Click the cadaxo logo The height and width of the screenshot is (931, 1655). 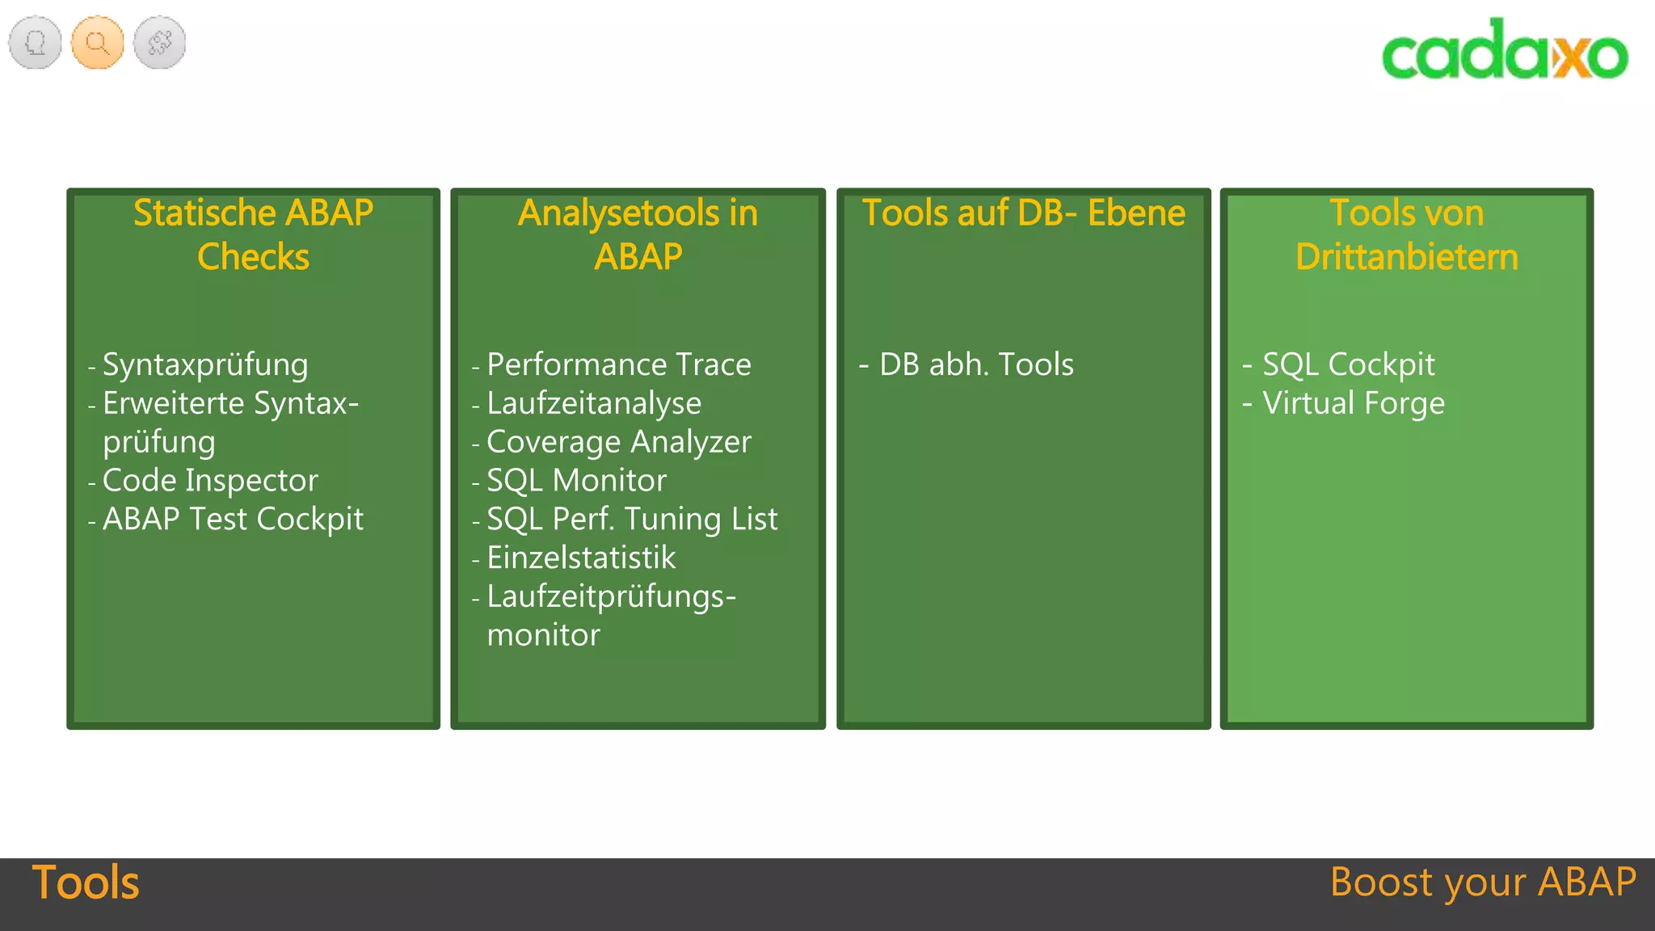point(1505,50)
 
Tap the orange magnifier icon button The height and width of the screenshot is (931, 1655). point(98,42)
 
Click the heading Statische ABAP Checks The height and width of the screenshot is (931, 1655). point(253,234)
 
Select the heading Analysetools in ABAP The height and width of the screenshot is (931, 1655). point(638,234)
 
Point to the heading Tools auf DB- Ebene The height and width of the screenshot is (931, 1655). point(1023,213)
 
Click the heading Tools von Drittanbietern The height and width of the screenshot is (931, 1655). point(1406,234)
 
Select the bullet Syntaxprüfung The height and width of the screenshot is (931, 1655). point(205,364)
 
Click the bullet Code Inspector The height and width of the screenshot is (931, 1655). point(210,480)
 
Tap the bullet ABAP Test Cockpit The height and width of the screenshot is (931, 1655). point(233,519)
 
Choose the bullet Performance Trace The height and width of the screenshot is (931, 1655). point(619,364)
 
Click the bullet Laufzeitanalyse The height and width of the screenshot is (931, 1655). point(594,403)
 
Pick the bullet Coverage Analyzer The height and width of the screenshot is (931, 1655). point(619,442)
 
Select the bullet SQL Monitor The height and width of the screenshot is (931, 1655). point(576,480)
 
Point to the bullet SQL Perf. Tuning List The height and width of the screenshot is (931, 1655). point(632,519)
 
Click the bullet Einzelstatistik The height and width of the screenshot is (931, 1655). point(581,558)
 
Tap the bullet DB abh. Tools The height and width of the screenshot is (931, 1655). point(976,364)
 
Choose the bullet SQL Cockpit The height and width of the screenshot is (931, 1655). point(1349,364)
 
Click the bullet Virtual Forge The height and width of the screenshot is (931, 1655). point(1354,403)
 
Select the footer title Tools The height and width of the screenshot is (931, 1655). point(86,882)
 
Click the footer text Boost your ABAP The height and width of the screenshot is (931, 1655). point(1483,882)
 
